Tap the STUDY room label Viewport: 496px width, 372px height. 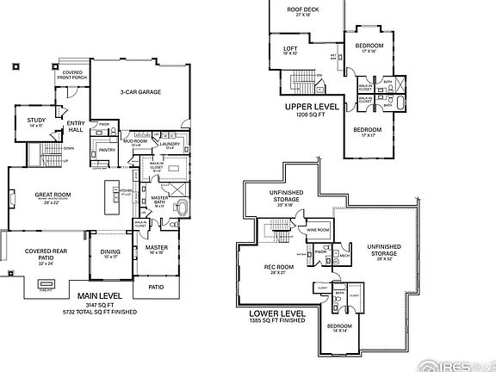[35, 121]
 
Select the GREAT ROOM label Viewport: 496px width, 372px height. [53, 195]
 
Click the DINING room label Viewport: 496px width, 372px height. [110, 251]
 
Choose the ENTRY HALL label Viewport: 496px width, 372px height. [76, 127]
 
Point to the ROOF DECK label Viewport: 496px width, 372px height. [302, 9]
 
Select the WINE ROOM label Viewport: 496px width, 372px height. [319, 230]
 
